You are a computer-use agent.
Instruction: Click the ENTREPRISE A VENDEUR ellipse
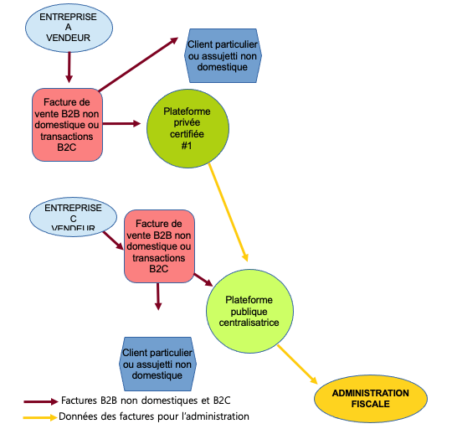pyautogui.click(x=69, y=28)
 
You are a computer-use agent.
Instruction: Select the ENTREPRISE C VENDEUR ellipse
pyautogui.click(x=73, y=217)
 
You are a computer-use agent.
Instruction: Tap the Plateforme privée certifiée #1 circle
pyautogui.click(x=187, y=128)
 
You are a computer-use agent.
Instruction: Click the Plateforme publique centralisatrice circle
pyautogui.click(x=249, y=311)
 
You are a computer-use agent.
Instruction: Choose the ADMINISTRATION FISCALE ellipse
pyautogui.click(x=371, y=399)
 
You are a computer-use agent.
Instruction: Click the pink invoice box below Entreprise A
pyautogui.click(x=67, y=125)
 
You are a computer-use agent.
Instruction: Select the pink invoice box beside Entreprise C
pyautogui.click(x=159, y=246)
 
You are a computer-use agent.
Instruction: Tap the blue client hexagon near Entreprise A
pyautogui.click(x=223, y=55)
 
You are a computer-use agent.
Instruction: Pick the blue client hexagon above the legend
pyautogui.click(x=157, y=364)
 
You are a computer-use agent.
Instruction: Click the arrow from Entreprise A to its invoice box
pyautogui.click(x=69, y=68)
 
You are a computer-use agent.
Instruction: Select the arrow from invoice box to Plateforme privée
pyautogui.click(x=121, y=124)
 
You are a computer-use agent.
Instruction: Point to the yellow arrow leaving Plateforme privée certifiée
pyautogui.click(x=228, y=212)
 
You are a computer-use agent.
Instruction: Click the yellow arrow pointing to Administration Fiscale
pyautogui.click(x=297, y=364)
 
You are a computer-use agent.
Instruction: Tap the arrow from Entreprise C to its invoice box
pyautogui.click(x=113, y=240)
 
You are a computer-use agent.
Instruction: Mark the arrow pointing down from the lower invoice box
pyautogui.click(x=158, y=297)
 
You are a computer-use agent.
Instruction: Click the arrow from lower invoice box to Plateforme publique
pyautogui.click(x=203, y=280)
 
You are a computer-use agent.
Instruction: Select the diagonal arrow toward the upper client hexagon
pyautogui.click(x=139, y=65)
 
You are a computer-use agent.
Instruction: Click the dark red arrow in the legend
pyautogui.click(x=41, y=401)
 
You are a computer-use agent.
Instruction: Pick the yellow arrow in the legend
pyautogui.click(x=40, y=417)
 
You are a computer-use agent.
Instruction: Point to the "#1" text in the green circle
pyautogui.click(x=187, y=146)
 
